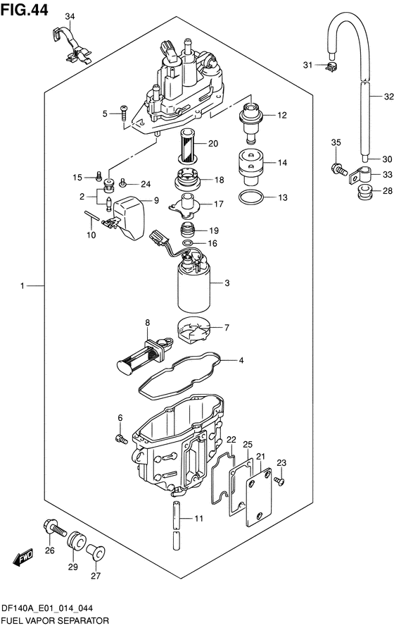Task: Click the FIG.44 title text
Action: click(x=25, y=9)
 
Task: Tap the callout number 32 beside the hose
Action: click(x=388, y=97)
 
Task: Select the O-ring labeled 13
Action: click(x=250, y=197)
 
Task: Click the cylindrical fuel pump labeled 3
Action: click(x=194, y=284)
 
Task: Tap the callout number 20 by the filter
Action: click(x=213, y=143)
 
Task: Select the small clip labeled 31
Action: click(x=331, y=67)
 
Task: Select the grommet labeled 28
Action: click(x=364, y=192)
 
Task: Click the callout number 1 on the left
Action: click(x=23, y=285)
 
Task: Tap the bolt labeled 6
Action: click(x=121, y=439)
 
